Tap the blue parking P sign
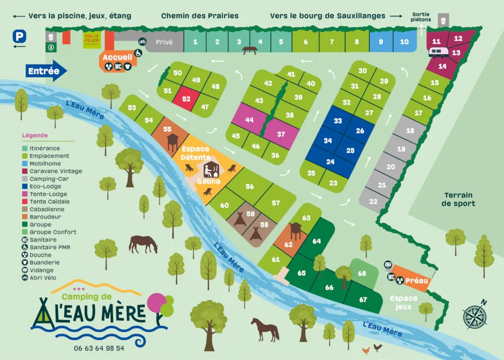20,36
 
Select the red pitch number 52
186,99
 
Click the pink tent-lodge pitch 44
249,120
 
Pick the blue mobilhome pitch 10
404,41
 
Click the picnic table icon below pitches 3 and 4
250,50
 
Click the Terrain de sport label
459,199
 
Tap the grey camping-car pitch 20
390,166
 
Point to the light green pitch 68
362,274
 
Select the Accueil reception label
114,57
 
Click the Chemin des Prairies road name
199,16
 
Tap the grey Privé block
164,42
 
